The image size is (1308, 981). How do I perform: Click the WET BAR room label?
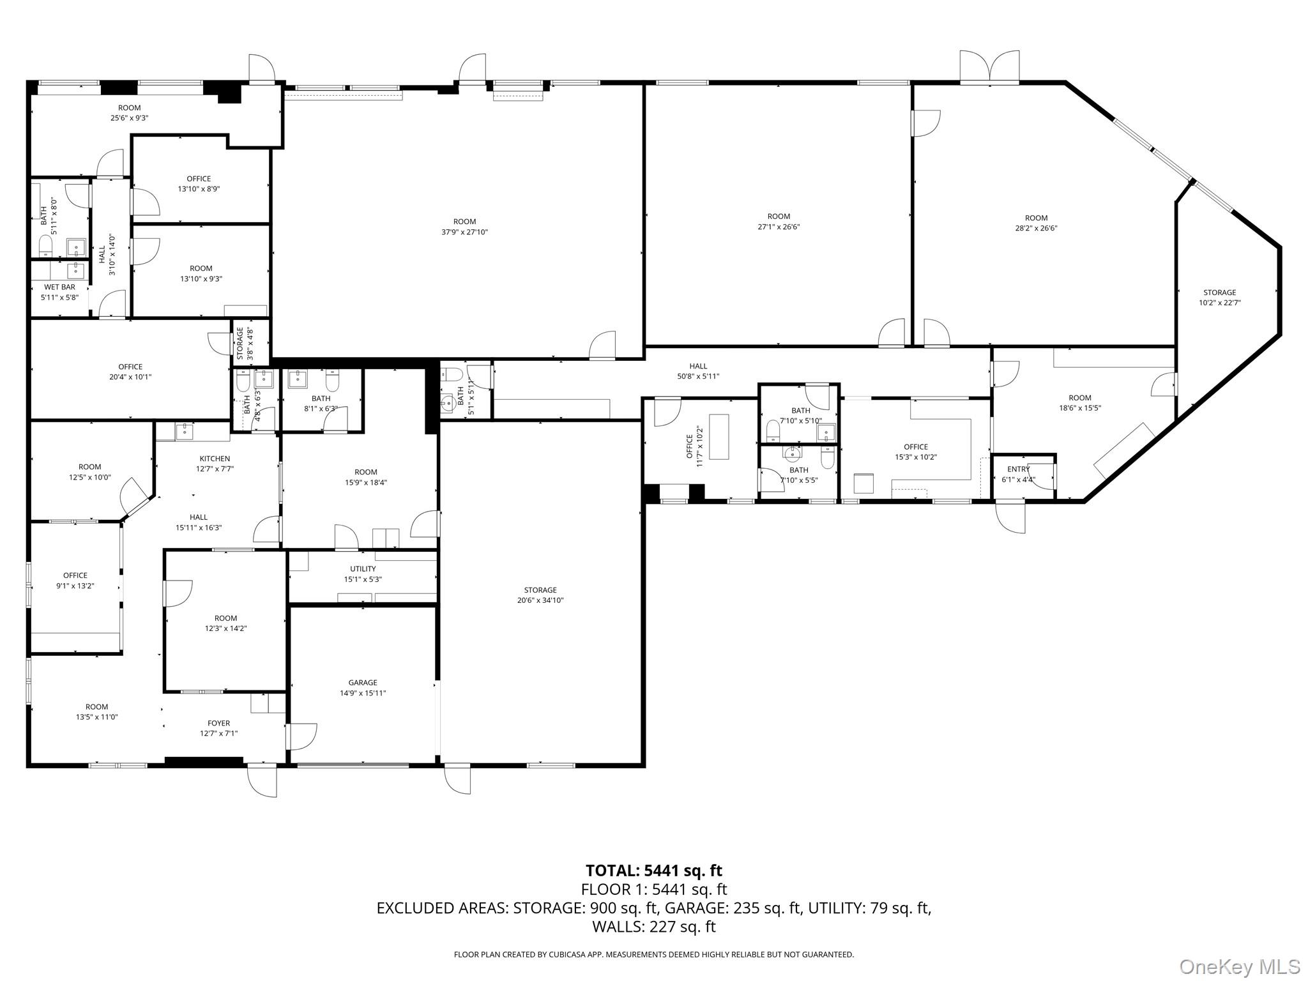tap(59, 287)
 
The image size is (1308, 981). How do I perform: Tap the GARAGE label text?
tap(363, 683)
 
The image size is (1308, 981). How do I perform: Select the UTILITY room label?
tap(363, 569)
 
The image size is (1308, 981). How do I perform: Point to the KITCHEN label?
tap(215, 459)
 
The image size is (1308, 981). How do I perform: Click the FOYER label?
tap(218, 723)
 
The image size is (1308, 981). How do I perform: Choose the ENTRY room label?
tap(1019, 469)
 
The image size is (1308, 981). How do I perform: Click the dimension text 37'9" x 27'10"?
tap(465, 232)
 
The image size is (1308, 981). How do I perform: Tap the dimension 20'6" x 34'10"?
tap(540, 600)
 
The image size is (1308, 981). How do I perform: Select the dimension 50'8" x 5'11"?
tap(698, 376)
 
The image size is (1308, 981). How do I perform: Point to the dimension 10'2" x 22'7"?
tap(1220, 303)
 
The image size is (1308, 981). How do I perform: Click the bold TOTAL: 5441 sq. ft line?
tap(654, 871)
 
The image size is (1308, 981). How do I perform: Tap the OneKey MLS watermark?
tap(1240, 967)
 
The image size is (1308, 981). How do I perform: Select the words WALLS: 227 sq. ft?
tap(654, 927)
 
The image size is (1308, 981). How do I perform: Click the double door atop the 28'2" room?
tap(989, 66)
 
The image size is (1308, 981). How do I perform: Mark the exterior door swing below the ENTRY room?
tap(1010, 518)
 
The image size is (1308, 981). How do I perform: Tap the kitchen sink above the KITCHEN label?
tap(185, 430)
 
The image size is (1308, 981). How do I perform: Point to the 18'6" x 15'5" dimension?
tap(1080, 408)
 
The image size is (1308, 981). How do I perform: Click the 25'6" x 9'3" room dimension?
tap(129, 118)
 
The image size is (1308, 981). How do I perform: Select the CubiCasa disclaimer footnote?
tap(654, 955)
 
